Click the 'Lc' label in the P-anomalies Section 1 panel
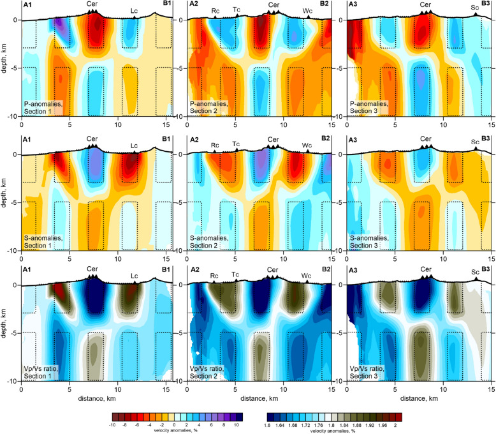point(134,10)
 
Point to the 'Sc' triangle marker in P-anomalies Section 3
point(475,16)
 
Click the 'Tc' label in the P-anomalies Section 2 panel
point(237,9)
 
